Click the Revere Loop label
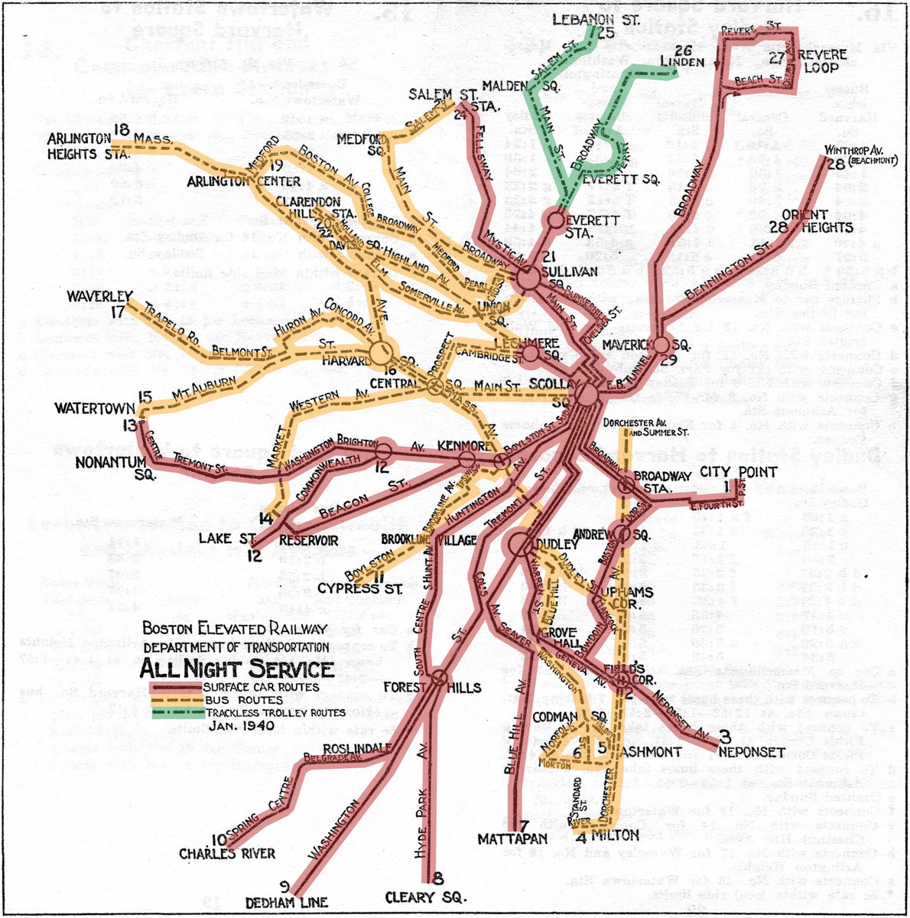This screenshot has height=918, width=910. pos(822,61)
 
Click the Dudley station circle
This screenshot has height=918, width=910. pos(522,545)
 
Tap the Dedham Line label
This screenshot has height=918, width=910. pos(293,902)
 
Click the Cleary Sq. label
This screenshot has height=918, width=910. pos(436,897)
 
